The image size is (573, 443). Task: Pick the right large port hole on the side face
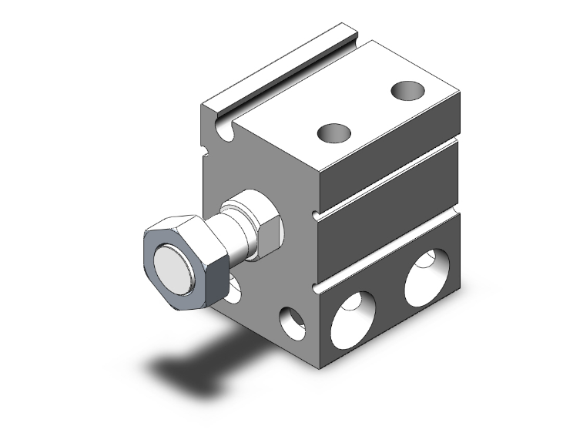[x=426, y=276]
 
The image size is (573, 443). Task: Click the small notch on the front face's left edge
[x=205, y=148]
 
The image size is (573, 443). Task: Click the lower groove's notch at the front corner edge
[x=317, y=288]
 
